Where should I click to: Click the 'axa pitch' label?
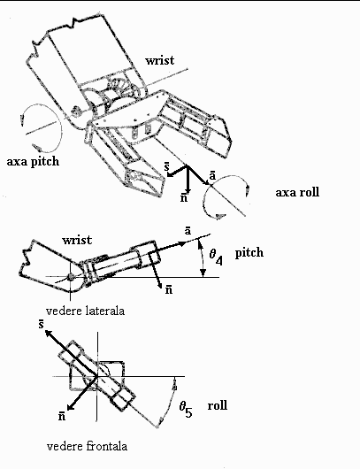tap(33, 162)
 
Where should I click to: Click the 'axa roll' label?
tap(297, 192)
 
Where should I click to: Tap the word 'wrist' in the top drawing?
tap(160, 60)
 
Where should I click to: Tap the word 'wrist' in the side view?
tap(77, 240)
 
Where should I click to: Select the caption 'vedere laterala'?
tap(85, 311)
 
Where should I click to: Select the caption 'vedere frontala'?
tap(87, 446)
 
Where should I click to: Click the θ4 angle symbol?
tap(216, 257)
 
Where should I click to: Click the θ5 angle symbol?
tap(186, 410)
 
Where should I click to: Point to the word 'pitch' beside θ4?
tap(249, 253)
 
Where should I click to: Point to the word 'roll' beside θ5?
tap(218, 405)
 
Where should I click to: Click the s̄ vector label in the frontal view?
tap(42, 324)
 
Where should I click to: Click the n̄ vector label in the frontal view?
tap(62, 416)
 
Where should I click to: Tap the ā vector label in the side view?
tap(188, 231)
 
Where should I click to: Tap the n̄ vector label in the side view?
tap(169, 289)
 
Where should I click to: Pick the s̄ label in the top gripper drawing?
tap(166, 167)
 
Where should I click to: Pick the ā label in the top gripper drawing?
tap(212, 175)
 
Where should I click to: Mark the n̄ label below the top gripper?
tap(184, 197)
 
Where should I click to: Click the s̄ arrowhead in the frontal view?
tap(49, 334)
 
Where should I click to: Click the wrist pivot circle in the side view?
tap(70, 277)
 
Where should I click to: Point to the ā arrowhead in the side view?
tap(181, 243)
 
